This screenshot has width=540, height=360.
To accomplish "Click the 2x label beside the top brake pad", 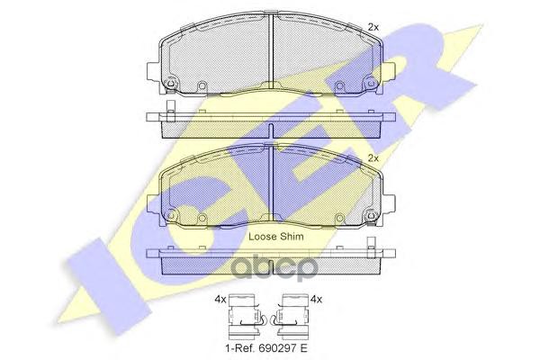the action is click(373, 27).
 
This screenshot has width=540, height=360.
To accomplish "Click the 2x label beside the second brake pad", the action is click(373, 158).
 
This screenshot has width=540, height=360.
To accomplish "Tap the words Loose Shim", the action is click(276, 237).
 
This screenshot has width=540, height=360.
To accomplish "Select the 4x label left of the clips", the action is click(220, 300).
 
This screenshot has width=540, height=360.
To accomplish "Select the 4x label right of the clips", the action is click(316, 300).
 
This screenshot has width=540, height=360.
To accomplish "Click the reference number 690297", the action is click(276, 348).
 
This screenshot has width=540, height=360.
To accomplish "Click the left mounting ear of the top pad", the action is click(154, 72).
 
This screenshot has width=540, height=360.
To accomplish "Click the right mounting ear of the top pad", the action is click(389, 72).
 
